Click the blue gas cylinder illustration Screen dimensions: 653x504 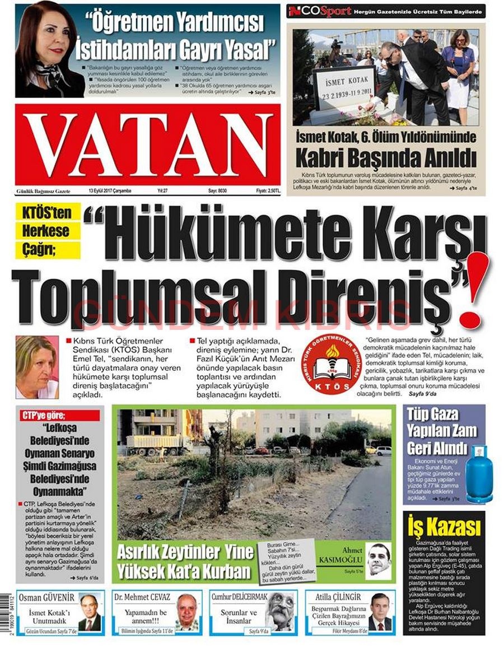tap(479, 473)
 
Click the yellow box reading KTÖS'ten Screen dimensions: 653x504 tap(48, 213)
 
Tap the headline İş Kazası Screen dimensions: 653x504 tap(444, 528)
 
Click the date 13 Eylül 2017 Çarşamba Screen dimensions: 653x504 tap(110, 191)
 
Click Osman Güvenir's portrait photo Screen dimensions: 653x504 tap(90, 613)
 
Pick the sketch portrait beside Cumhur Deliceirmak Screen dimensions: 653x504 tap(282, 610)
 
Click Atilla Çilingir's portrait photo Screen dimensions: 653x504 tap(380, 613)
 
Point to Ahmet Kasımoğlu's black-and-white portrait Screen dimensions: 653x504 tap(378, 559)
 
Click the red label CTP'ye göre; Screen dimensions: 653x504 tap(60, 416)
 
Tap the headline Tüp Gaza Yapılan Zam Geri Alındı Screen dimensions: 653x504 tap(443, 431)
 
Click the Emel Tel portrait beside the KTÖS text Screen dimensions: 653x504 tap(36, 367)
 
